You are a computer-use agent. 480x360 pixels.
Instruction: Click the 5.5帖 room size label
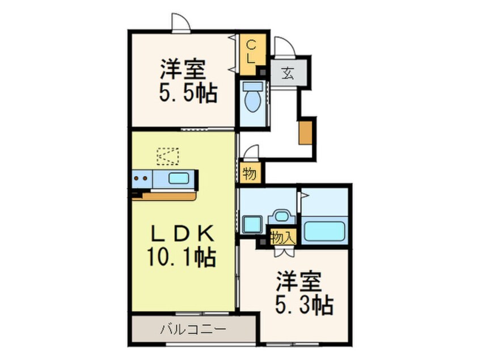[188, 94]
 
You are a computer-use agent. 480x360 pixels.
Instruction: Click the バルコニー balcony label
[193, 329]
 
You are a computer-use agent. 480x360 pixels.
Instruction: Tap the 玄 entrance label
[288, 73]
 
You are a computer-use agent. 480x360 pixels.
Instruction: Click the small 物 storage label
[249, 174]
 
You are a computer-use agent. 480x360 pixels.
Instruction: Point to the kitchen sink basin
[179, 178]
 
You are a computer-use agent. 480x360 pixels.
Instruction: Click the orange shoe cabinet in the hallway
[305, 132]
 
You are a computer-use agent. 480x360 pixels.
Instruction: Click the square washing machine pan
[251, 224]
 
